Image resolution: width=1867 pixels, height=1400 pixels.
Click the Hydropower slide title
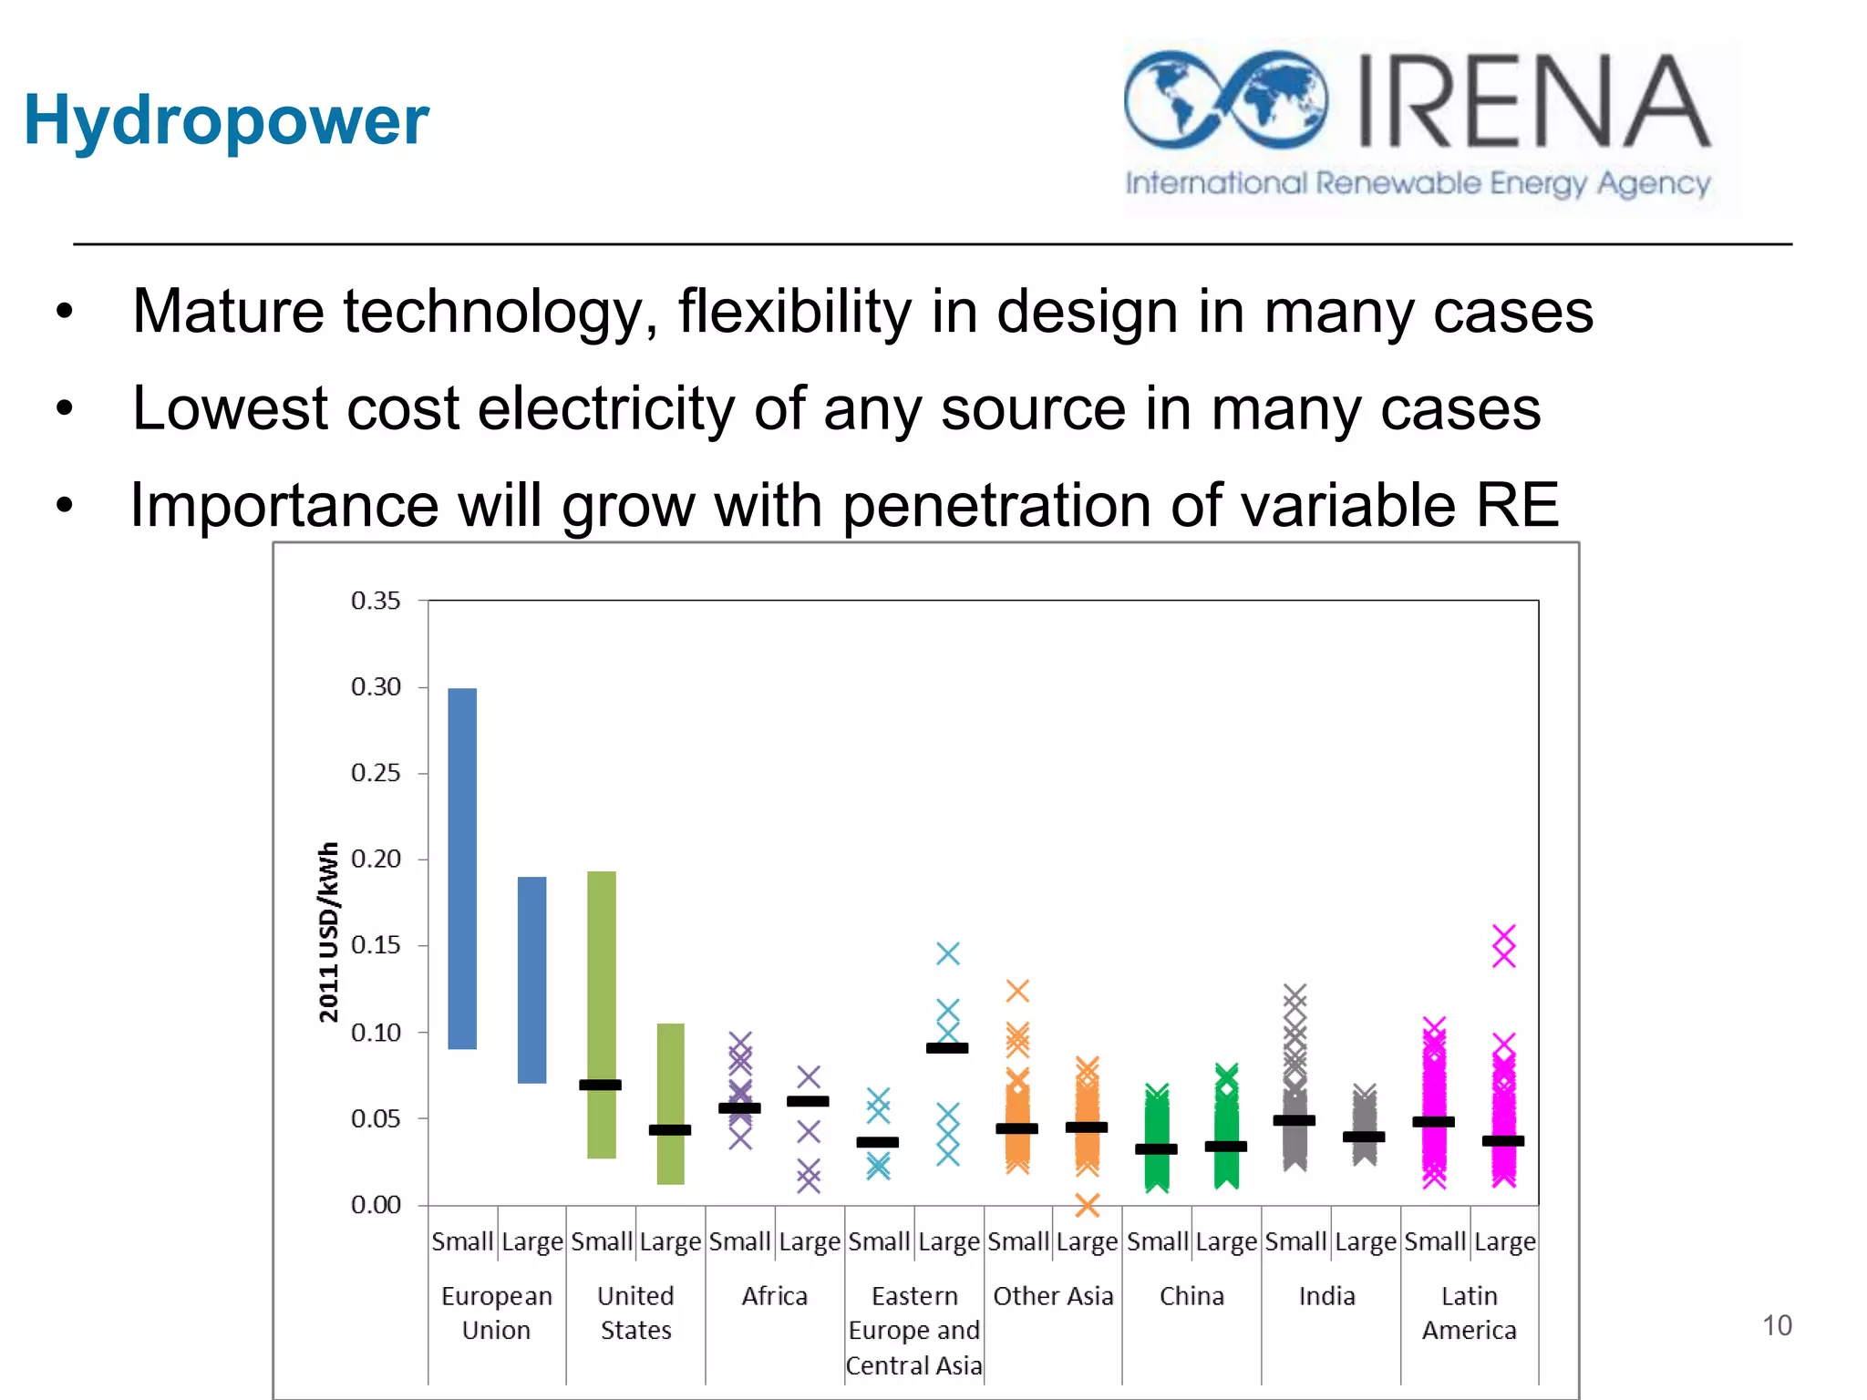click(x=226, y=120)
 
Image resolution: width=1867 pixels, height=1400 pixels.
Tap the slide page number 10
click(x=1776, y=1325)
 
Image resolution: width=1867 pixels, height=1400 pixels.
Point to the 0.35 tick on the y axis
click(x=376, y=601)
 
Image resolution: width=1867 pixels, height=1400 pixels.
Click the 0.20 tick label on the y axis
click(x=376, y=859)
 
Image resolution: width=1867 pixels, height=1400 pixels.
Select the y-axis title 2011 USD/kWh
click(x=329, y=932)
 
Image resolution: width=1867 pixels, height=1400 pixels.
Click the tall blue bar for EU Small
click(x=462, y=868)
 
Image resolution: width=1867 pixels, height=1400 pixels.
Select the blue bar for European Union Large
click(x=531, y=980)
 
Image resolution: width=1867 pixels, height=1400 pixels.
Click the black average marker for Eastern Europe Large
click(x=947, y=1048)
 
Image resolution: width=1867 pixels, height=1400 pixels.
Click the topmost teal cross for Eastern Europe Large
click(x=948, y=953)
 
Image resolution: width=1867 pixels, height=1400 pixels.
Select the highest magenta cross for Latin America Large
click(x=1503, y=935)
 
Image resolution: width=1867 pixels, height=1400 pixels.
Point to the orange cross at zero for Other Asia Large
click(x=1087, y=1205)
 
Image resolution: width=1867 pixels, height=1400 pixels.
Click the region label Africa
click(x=774, y=1296)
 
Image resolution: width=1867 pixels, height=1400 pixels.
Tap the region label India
click(x=1326, y=1296)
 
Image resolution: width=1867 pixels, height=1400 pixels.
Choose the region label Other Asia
click(x=1053, y=1296)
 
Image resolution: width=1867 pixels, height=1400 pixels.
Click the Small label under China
click(x=1157, y=1241)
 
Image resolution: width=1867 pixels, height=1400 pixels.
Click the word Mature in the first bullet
click(x=228, y=312)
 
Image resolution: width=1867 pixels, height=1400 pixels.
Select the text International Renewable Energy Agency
click(x=1418, y=184)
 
